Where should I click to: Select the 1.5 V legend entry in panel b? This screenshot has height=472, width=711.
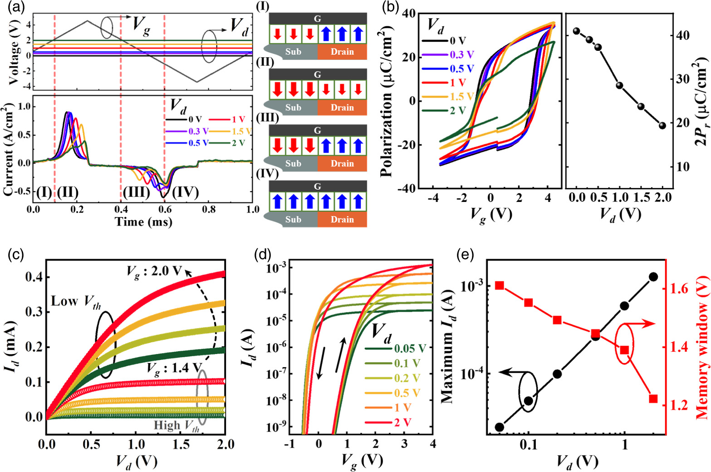click(461, 96)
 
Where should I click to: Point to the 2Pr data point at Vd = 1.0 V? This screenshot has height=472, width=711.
click(619, 85)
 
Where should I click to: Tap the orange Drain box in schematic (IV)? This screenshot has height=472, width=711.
click(342, 219)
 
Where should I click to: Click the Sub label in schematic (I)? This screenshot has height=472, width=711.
click(293, 52)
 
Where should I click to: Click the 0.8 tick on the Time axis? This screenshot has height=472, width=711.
click(209, 210)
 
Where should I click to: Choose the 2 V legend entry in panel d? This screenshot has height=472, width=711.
click(403, 423)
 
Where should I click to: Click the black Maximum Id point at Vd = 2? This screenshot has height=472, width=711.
click(653, 276)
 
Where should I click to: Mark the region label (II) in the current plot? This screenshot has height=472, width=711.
click(68, 192)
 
